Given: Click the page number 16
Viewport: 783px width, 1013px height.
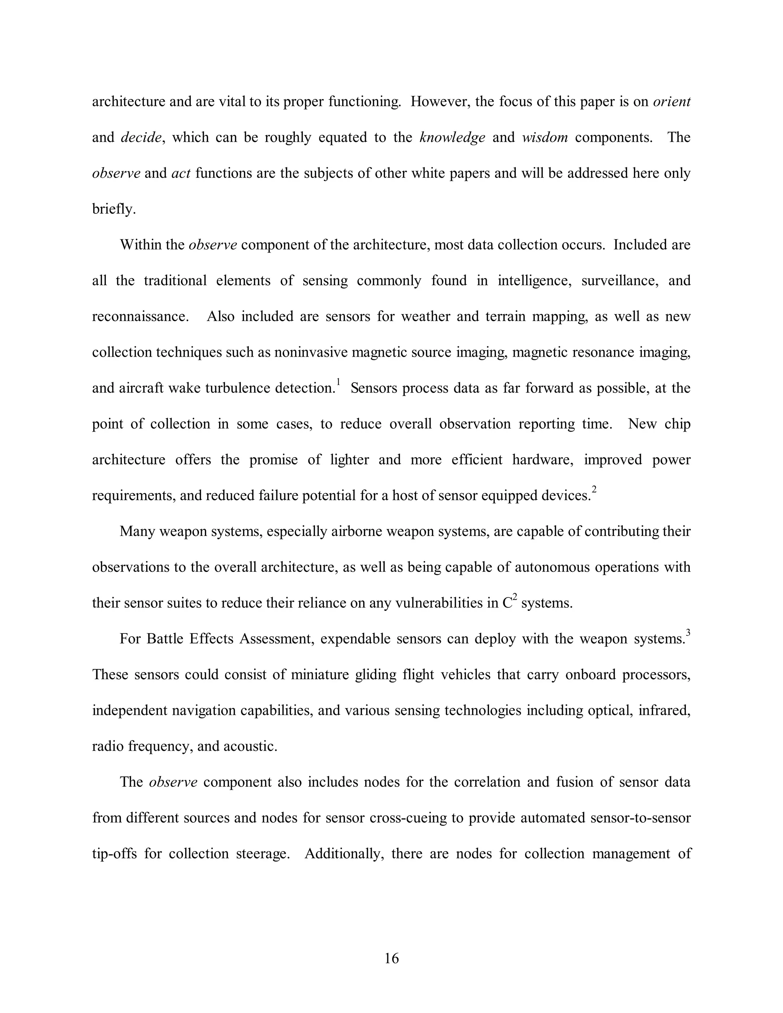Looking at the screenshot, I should [391, 958].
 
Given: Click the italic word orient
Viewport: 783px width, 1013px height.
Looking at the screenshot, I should [671, 102].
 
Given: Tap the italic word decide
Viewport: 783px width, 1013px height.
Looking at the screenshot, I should [141, 137].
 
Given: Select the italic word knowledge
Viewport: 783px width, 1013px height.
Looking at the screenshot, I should [452, 137].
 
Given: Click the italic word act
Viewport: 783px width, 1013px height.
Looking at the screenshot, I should [181, 174].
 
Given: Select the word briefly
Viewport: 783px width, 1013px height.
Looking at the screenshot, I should [114, 209].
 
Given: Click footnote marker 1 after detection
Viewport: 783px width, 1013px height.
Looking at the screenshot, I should [338, 382].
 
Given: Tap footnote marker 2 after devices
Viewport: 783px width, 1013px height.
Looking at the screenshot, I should [594, 490].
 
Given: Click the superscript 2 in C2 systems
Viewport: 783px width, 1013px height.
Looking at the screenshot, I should [515, 597].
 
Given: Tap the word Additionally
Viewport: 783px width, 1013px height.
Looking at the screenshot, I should [342, 854].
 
